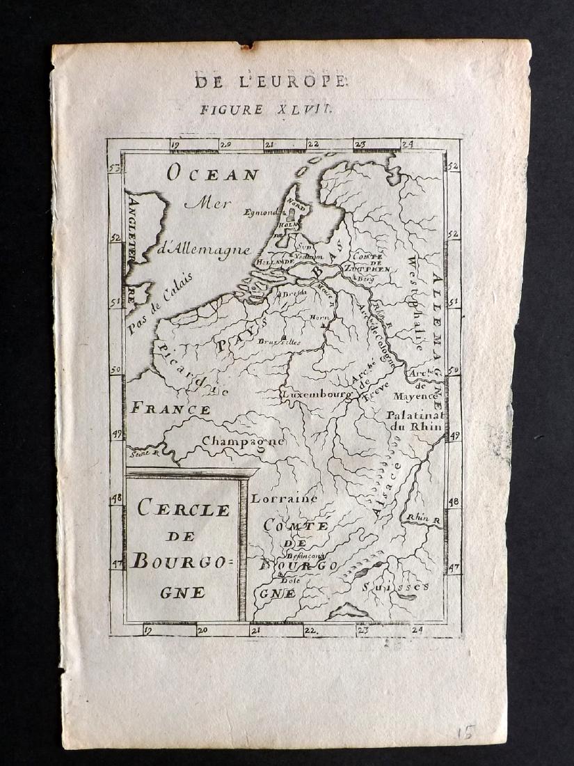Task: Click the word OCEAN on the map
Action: click(x=212, y=174)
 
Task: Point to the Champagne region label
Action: click(x=243, y=441)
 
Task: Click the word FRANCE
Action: click(x=171, y=409)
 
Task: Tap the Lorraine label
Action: click(x=284, y=499)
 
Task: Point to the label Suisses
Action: click(x=394, y=587)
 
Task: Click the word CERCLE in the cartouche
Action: click(x=183, y=509)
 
